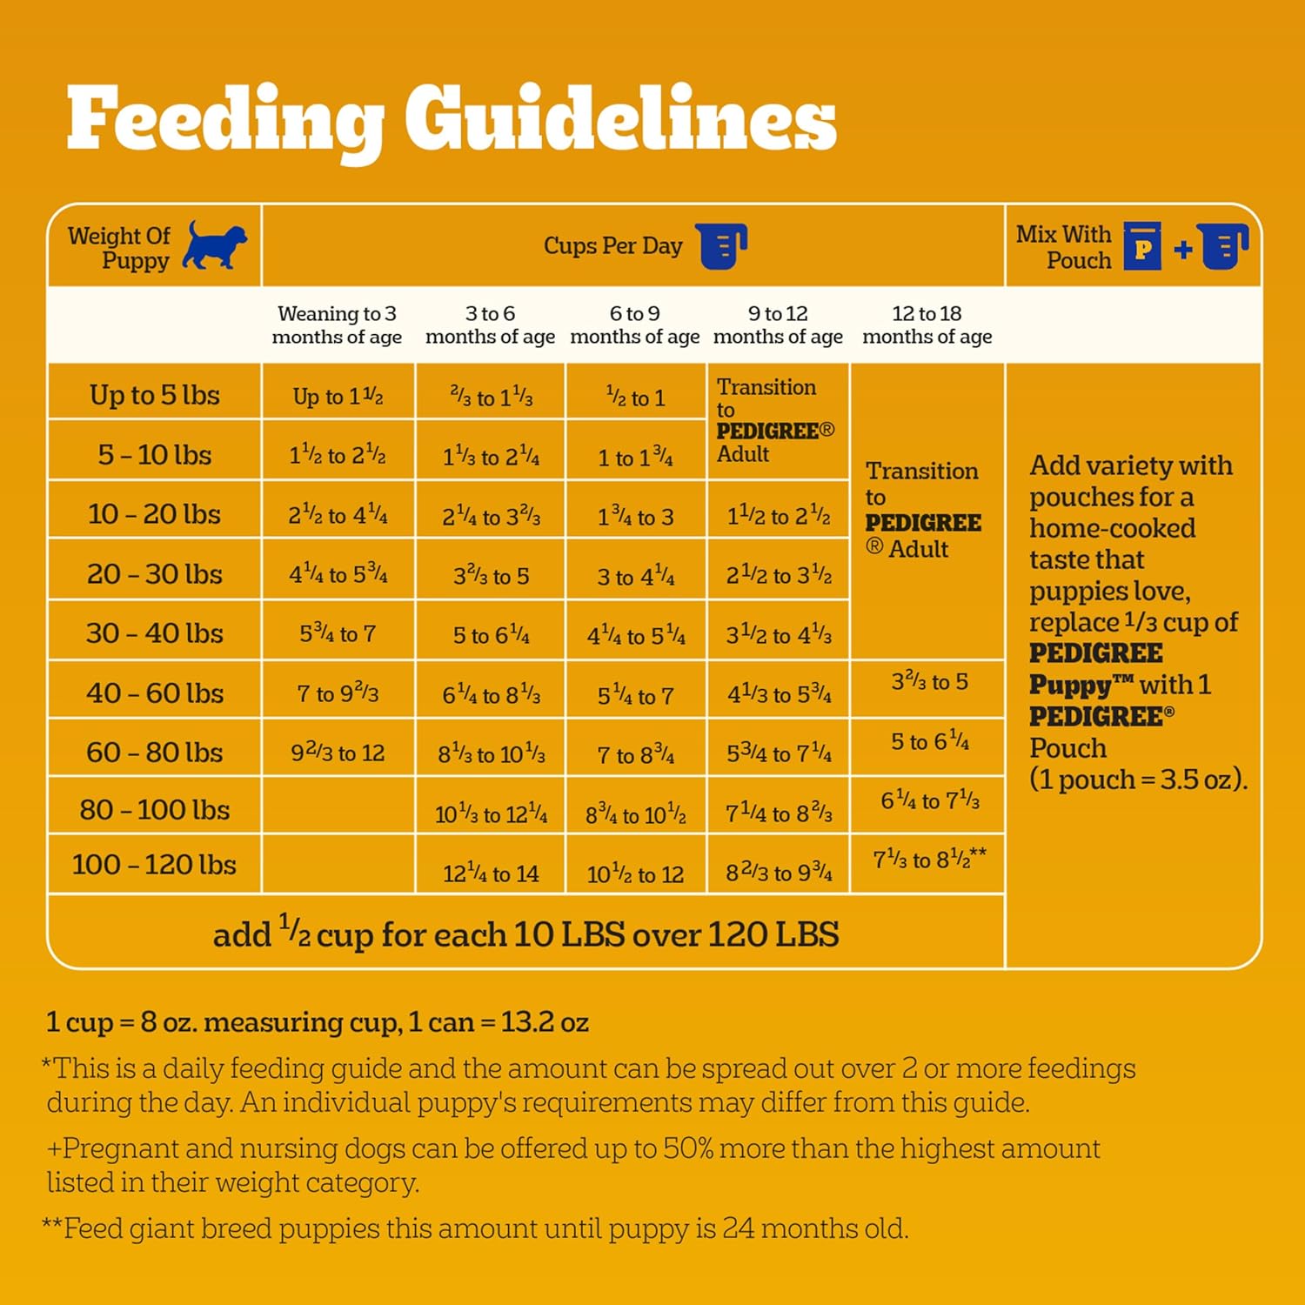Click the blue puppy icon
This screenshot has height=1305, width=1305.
214,245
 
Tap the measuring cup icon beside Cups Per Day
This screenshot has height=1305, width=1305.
722,246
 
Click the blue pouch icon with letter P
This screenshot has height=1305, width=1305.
1142,246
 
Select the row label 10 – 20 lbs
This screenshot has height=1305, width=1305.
154,514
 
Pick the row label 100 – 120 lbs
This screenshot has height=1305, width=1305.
154,865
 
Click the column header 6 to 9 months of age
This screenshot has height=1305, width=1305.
634,325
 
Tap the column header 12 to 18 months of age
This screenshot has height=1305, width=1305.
927,325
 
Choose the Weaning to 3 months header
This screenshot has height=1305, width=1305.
337,325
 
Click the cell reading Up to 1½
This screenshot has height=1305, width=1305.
338,397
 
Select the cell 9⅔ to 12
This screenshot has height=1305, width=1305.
338,753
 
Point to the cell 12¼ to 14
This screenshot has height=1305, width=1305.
491,873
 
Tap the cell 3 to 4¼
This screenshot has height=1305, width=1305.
635,577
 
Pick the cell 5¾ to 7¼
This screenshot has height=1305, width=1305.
779,753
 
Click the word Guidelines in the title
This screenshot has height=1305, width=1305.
619,120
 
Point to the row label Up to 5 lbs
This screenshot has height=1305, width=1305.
154,395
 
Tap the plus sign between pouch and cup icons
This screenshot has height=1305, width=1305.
1182,250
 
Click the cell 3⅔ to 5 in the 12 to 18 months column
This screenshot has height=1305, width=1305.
929,682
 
